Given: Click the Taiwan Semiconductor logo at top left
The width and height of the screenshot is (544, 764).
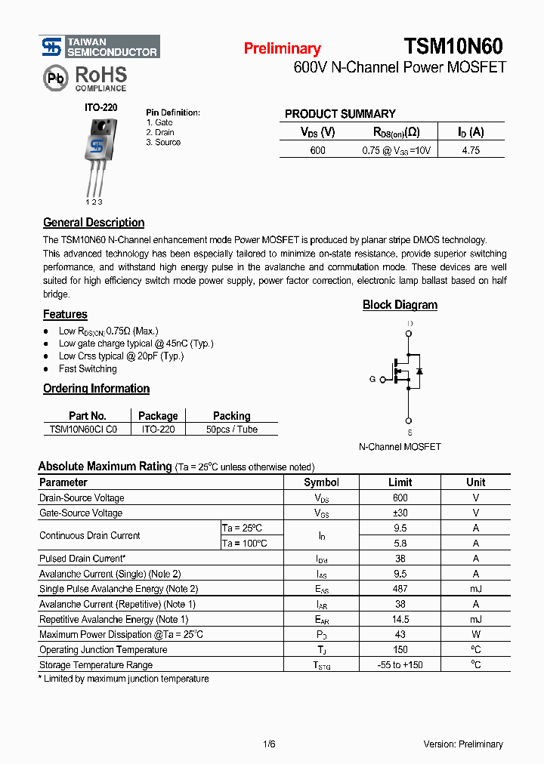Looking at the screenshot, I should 99,47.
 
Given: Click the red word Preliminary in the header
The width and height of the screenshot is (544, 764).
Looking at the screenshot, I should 282,49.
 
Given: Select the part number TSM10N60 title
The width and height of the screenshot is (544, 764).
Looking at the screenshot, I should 453,47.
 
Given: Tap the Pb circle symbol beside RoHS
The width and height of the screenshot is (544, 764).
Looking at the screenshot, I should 54,78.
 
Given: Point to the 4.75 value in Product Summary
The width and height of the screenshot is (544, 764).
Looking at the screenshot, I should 471,150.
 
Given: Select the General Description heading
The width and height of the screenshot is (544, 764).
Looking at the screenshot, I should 94,223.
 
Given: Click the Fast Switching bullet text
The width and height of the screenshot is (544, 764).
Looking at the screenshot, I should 88,369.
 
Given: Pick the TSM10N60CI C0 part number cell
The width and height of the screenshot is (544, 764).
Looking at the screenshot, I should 84,430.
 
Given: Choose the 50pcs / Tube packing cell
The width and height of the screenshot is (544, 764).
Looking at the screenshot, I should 231,430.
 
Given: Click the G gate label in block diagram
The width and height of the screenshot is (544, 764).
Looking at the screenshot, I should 372,380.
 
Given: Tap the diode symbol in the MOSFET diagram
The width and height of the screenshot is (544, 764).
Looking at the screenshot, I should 419,371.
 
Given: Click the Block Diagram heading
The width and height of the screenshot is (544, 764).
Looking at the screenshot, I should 400,305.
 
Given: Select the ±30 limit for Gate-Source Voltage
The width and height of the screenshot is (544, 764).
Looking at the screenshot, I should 400,513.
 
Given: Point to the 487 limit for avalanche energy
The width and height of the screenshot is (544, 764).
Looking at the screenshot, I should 400,589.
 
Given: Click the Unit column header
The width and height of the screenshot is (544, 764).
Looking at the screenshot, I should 476,482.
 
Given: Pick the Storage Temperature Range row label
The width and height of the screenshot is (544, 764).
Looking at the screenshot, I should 96,665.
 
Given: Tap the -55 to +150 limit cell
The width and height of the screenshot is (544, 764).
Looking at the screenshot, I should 400,665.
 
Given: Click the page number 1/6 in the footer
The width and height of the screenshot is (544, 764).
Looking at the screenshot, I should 269,744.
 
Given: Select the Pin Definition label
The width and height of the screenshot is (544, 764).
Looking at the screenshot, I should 173,112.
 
